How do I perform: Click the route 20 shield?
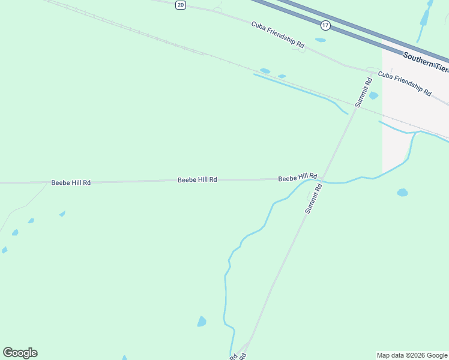click(181, 5)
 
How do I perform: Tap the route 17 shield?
click(325, 25)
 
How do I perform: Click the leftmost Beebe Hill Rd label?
click(71, 182)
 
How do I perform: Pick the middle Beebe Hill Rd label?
click(197, 179)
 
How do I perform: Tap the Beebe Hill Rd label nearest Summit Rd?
click(297, 178)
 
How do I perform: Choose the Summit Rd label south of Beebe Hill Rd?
click(313, 199)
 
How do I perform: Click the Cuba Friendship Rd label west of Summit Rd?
click(278, 35)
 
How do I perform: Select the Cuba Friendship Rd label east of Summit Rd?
click(405, 83)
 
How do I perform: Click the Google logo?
click(20, 353)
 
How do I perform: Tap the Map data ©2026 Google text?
click(412, 355)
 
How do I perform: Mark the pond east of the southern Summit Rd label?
click(402, 193)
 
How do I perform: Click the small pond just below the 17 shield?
click(321, 40)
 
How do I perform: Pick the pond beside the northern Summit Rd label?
click(373, 95)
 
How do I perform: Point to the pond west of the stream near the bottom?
click(202, 322)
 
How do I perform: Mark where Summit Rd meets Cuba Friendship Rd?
click(370, 71)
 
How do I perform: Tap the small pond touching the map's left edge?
click(4, 250)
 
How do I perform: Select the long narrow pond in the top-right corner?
click(426, 16)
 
